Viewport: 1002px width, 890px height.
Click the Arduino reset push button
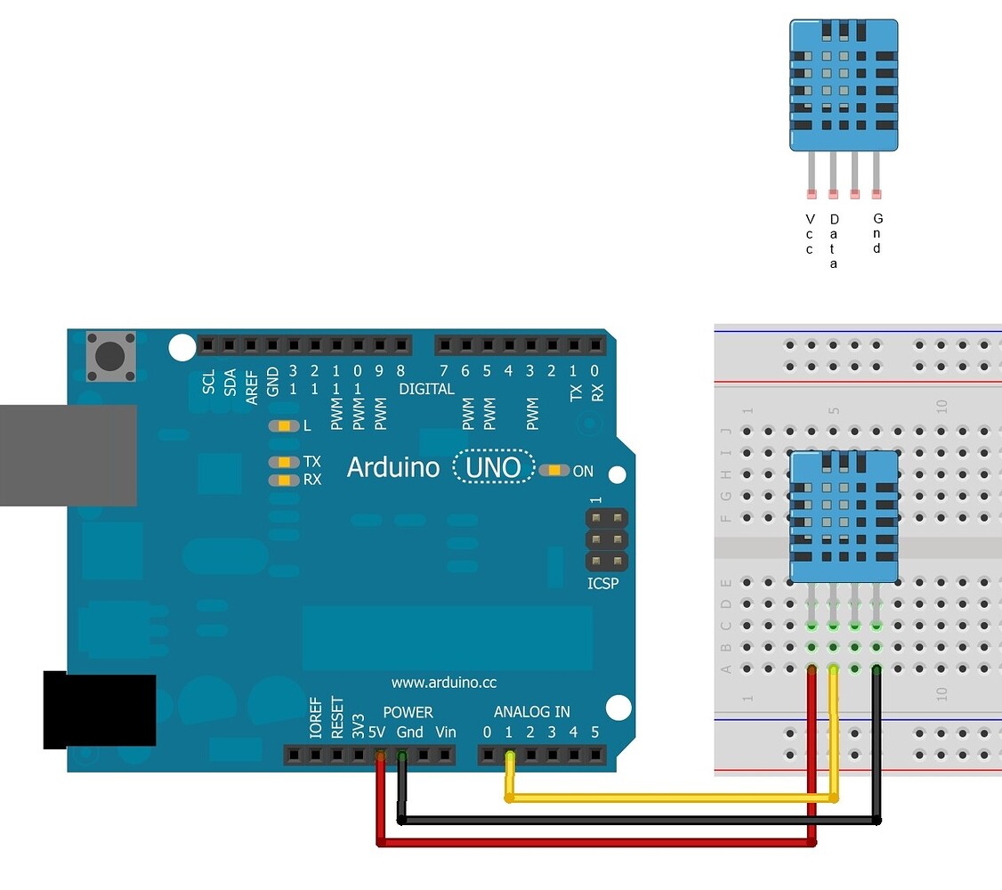click(110, 356)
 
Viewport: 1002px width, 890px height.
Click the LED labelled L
click(284, 426)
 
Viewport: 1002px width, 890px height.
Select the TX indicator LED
click(284, 462)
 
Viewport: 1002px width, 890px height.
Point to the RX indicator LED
click(284, 481)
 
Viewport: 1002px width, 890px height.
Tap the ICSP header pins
click(606, 539)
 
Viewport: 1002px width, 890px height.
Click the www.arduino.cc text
click(444, 683)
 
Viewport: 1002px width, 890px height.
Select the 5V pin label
click(377, 732)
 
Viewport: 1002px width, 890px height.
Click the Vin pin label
click(446, 732)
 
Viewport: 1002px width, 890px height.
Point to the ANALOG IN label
click(532, 712)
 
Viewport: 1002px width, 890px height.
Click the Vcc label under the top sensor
click(810, 234)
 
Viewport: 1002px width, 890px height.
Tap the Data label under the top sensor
click(834, 240)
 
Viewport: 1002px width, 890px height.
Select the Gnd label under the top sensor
click(877, 234)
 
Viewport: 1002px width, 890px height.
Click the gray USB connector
click(68, 456)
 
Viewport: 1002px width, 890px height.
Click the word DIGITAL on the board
click(426, 389)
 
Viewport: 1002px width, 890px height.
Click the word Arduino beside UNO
click(392, 467)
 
